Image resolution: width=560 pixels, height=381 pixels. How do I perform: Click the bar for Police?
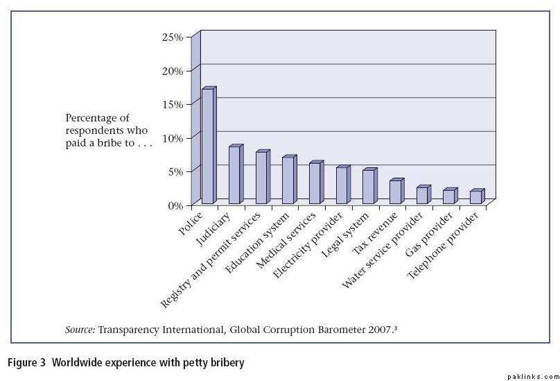(207, 146)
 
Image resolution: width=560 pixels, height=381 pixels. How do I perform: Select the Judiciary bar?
(234, 175)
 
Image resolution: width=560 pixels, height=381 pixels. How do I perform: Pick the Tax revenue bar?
(395, 192)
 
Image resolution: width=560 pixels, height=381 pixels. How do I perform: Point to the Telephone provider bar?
(475, 196)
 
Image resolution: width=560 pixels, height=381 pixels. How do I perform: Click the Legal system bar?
(368, 186)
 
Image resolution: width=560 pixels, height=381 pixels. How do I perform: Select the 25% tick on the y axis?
(172, 37)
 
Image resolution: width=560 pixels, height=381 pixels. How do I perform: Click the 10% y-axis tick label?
(172, 138)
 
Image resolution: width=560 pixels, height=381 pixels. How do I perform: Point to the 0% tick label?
(175, 205)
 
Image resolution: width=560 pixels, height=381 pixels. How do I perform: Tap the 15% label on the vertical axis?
(172, 104)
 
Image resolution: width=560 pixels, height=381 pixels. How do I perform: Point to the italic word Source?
(80, 330)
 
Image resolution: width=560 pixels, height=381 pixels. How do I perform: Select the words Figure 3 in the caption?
(26, 362)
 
